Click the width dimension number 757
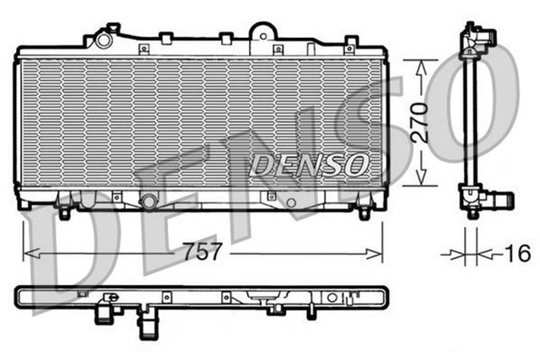click(x=204, y=252)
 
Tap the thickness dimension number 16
click(x=518, y=252)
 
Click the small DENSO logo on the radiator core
click(x=308, y=162)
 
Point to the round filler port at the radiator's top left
click(x=104, y=40)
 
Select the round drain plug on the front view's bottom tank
click(x=149, y=201)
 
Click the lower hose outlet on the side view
click(x=499, y=201)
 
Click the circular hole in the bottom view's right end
click(x=332, y=298)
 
